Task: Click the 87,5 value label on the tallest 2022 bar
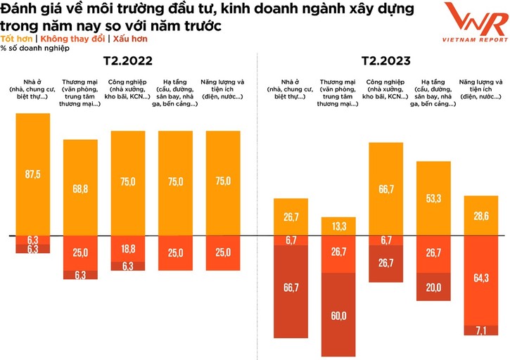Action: pyautogui.click(x=33, y=174)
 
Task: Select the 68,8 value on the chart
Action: pyautogui.click(x=81, y=189)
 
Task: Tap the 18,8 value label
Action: pyautogui.click(x=128, y=249)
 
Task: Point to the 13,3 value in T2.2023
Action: pyautogui.click(x=339, y=226)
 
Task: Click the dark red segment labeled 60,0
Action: pyautogui.click(x=339, y=316)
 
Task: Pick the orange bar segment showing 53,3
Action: pyautogui.click(x=434, y=199)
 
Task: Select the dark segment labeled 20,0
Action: pyautogui.click(x=434, y=287)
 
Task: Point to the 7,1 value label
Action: pyautogui.click(x=482, y=330)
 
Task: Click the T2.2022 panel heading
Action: pyautogui.click(x=127, y=61)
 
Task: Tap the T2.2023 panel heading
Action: pyautogui.click(x=385, y=61)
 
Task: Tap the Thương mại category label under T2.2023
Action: pyautogui.click(x=339, y=94)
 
